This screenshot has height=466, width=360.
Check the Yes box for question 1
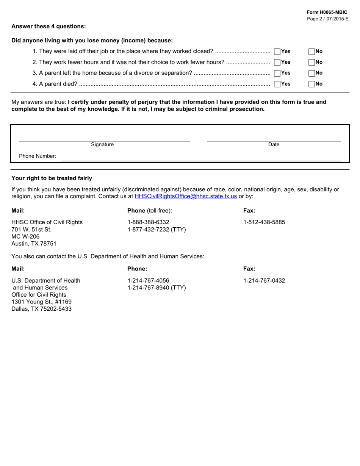click(277, 52)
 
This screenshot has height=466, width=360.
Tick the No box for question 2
click(312, 62)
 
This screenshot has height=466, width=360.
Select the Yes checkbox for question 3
click(277, 73)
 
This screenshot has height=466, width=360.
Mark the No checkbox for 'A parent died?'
click(312, 84)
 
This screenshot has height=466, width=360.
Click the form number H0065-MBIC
click(327, 13)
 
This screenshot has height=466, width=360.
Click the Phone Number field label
click(38, 156)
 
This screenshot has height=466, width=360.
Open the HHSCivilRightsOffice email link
click(186, 196)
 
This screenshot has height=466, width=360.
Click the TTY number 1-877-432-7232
click(157, 229)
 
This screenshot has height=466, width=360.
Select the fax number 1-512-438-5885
click(264, 222)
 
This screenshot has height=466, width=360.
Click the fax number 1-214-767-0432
click(264, 281)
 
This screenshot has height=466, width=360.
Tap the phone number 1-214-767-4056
click(148, 281)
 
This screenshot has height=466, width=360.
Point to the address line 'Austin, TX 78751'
click(34, 244)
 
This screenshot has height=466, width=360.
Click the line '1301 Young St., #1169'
click(41, 302)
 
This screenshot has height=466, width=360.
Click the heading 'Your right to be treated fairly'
click(52, 178)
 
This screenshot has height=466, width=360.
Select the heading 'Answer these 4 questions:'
click(49, 26)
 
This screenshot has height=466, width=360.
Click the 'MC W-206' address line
click(25, 236)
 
